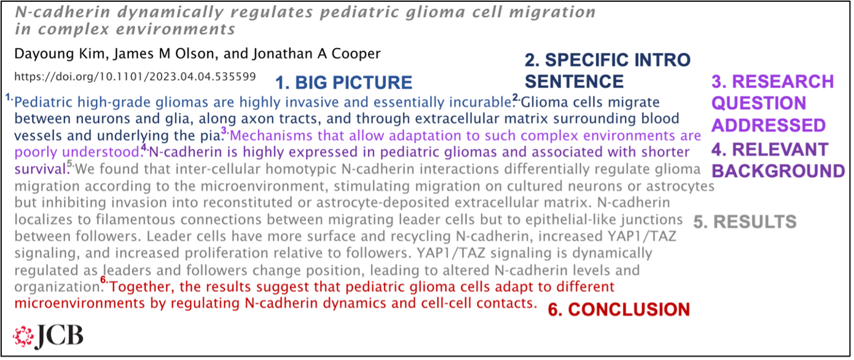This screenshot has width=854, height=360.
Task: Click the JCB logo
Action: point(48,337)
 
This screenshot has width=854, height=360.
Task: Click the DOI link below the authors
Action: point(135,77)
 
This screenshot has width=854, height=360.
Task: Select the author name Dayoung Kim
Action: point(59,54)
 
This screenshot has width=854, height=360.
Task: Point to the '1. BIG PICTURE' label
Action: point(343,82)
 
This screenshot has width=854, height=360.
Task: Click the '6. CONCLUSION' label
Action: point(619,309)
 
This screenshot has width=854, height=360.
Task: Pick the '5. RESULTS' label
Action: point(745,222)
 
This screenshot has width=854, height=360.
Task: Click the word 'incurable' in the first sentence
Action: point(480,102)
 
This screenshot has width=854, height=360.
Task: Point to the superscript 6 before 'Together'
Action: point(104,280)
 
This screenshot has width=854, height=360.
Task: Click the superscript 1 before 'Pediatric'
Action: point(9,97)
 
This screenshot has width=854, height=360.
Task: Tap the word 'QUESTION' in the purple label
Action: point(759,103)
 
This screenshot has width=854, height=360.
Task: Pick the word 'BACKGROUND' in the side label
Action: point(778,171)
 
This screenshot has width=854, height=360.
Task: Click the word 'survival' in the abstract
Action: point(41,169)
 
